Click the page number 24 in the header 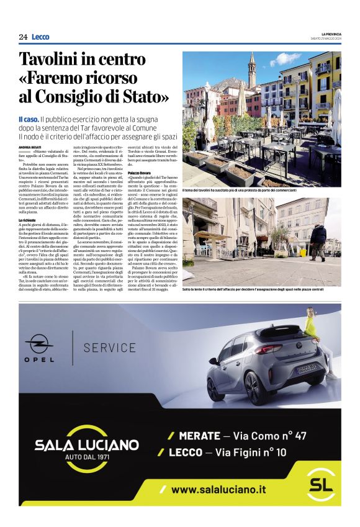point(23,37)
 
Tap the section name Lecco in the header point(40,37)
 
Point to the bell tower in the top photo point(251,68)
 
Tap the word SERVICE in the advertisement point(109,347)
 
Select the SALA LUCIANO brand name point(86,444)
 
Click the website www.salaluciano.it point(218,490)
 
